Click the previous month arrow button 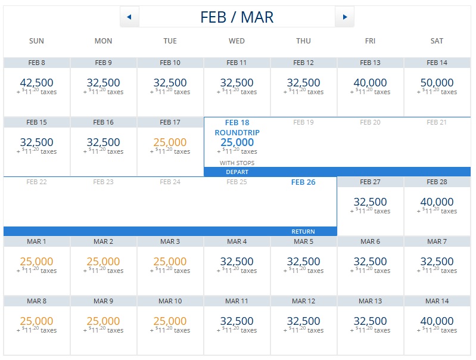(x=129, y=17)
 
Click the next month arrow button (x=344, y=17)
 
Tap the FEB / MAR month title (x=237, y=17)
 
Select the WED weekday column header (x=237, y=41)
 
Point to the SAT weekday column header (x=437, y=41)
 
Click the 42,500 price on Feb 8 (x=36, y=83)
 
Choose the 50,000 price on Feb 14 (x=437, y=83)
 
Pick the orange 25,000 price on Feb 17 (x=170, y=142)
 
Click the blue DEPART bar (x=237, y=172)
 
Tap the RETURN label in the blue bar (x=303, y=231)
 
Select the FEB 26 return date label (x=303, y=182)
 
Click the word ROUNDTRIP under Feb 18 (x=237, y=132)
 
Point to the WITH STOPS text (x=237, y=163)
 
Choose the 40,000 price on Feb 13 (x=370, y=83)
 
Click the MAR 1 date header (x=36, y=241)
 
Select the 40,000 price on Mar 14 (x=437, y=321)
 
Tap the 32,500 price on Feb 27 (x=370, y=202)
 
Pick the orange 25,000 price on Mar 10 (x=170, y=321)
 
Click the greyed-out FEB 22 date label (x=36, y=182)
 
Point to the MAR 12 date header (x=303, y=301)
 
